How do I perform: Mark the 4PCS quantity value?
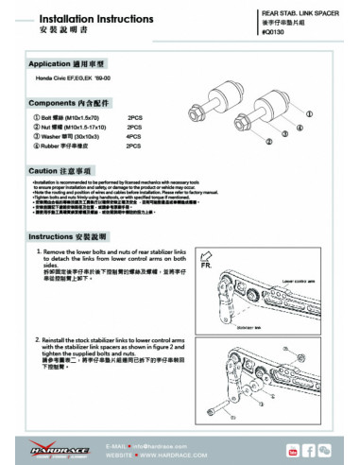click(x=133, y=137)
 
